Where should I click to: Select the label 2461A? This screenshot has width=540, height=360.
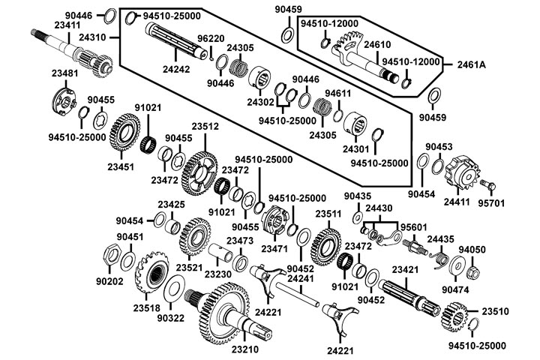click(472, 64)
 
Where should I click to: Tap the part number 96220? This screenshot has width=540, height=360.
click(210, 38)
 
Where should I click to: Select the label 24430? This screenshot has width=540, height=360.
click(378, 208)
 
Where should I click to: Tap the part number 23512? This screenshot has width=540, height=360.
click(205, 127)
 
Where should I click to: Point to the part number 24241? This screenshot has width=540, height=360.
click(300, 278)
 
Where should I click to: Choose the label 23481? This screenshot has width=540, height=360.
click(65, 73)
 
